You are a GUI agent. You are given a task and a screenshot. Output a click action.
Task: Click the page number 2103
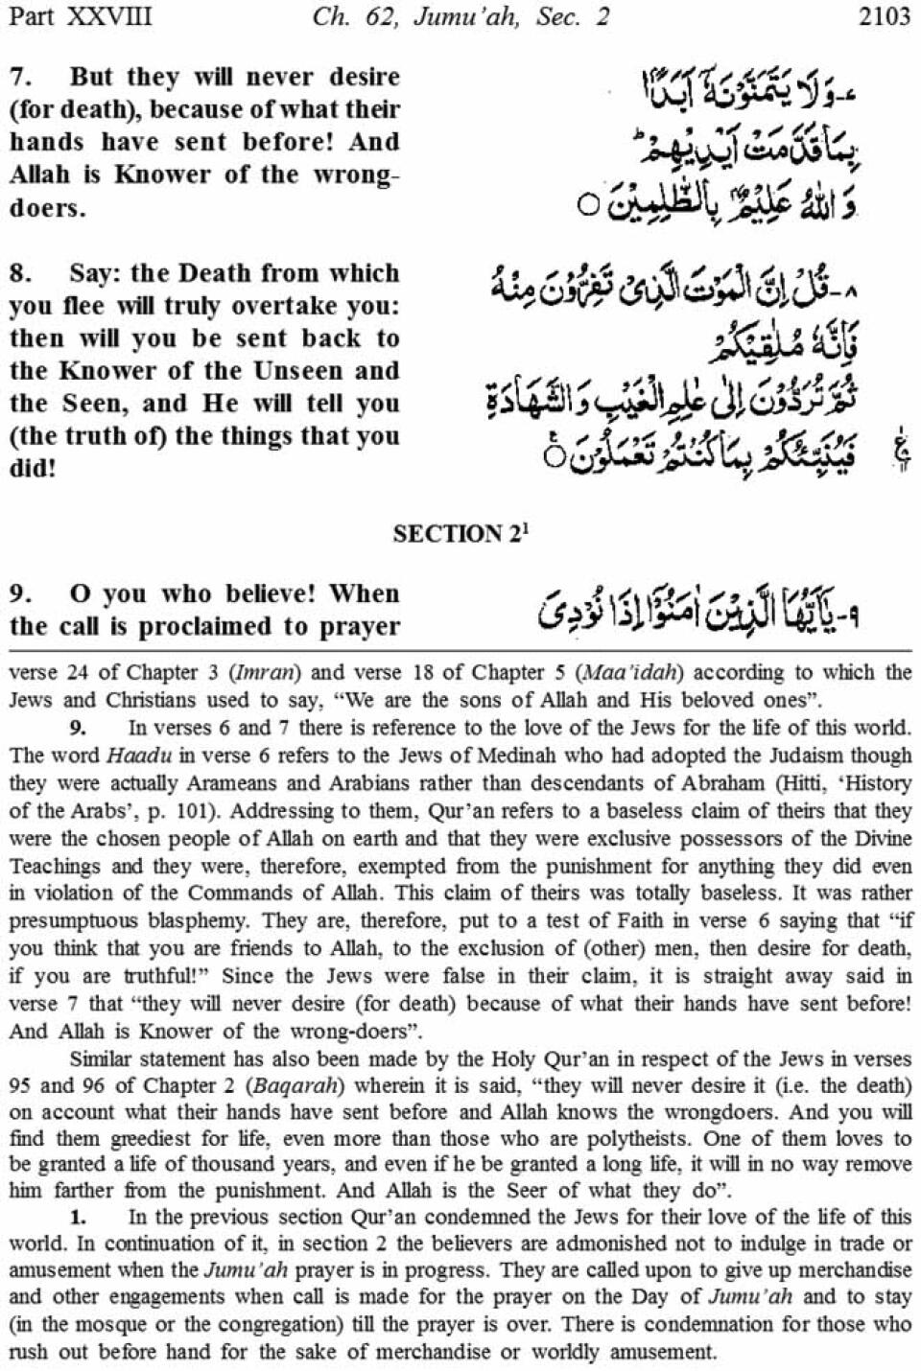point(885,16)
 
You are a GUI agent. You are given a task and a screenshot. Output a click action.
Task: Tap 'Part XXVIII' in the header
point(79,16)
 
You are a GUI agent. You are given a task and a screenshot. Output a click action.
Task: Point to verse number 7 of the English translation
point(19,77)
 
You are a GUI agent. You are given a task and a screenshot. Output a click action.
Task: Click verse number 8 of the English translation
point(19,273)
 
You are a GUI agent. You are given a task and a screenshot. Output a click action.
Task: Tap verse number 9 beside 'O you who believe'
point(19,593)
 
